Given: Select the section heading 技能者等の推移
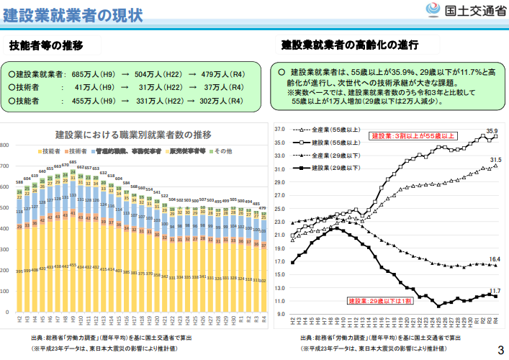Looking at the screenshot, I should coord(46,46).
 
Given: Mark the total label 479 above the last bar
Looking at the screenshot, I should coord(263,207).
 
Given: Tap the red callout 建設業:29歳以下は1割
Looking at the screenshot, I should coord(379,300).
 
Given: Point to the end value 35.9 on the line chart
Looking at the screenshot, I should coord(492,131).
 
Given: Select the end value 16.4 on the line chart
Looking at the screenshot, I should coord(495,259).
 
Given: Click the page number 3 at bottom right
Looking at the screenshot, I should coord(500,350).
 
